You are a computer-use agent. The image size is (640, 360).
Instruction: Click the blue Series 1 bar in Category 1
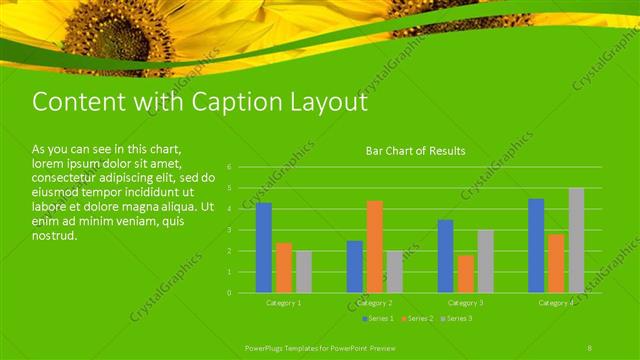(x=264, y=248)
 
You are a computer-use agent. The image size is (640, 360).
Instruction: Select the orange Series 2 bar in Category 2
(x=375, y=247)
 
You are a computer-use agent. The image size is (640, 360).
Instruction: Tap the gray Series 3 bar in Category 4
(x=576, y=240)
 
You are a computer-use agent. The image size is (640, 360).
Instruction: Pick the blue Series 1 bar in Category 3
(x=445, y=256)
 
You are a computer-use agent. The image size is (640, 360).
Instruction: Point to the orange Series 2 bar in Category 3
(x=465, y=274)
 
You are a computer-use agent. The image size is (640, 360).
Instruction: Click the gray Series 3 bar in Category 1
(x=304, y=272)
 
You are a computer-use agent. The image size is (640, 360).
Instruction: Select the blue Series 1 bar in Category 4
(x=536, y=245)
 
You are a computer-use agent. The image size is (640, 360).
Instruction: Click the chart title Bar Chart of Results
(x=415, y=151)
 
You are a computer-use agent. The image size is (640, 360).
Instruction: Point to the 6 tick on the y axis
(x=229, y=167)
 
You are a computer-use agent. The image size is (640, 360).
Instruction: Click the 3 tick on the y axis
(x=229, y=230)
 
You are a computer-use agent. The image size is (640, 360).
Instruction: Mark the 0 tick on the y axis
(x=229, y=293)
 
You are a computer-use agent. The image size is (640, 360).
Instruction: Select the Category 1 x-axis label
(x=284, y=302)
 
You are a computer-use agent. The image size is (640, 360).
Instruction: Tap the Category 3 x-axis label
(x=465, y=302)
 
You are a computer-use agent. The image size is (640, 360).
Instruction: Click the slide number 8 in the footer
(x=590, y=346)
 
